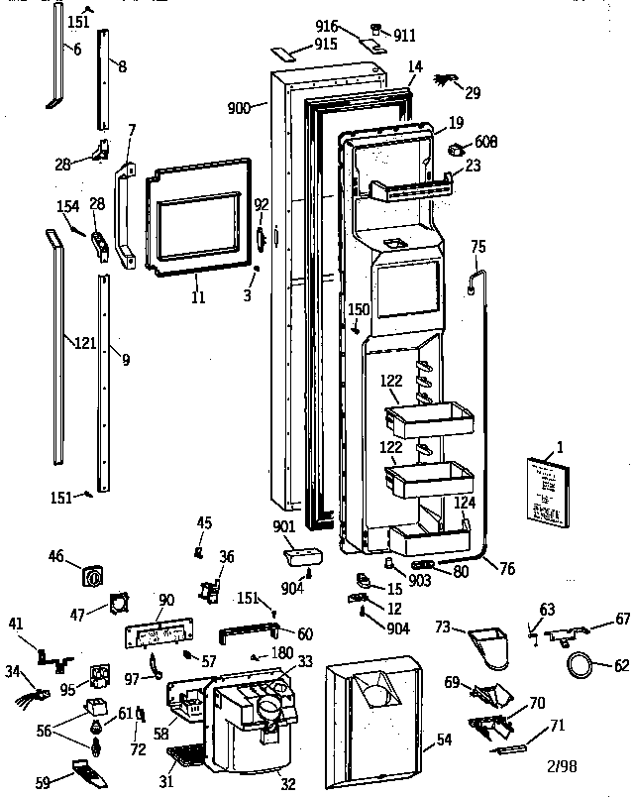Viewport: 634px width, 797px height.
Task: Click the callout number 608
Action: (485, 142)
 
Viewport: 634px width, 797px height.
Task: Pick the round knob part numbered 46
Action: (95, 575)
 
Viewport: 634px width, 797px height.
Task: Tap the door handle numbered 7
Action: (124, 212)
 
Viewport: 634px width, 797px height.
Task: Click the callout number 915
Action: (325, 46)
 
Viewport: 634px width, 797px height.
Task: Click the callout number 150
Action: (359, 310)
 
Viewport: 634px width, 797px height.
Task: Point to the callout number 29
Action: (473, 93)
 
